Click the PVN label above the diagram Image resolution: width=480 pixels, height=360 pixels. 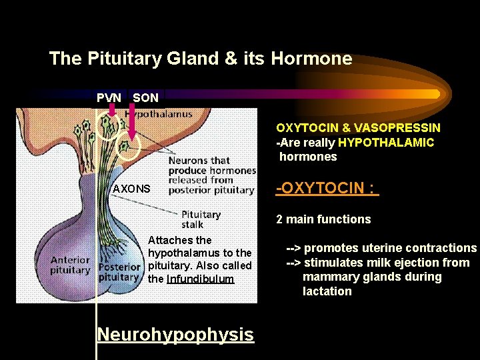(109, 98)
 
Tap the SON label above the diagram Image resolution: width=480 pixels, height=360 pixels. (145, 98)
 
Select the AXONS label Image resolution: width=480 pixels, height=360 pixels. (131, 189)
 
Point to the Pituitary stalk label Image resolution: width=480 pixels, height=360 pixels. (201, 219)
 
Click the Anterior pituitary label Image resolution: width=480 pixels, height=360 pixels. (70, 265)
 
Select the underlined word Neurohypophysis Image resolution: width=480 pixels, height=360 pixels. (175, 334)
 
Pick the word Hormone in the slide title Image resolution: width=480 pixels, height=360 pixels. (311, 59)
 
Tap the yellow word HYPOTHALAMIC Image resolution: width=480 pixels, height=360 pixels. (386, 142)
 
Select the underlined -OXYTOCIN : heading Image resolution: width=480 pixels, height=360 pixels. (327, 188)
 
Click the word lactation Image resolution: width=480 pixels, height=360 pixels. (327, 291)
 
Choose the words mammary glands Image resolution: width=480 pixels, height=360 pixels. (372, 277)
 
